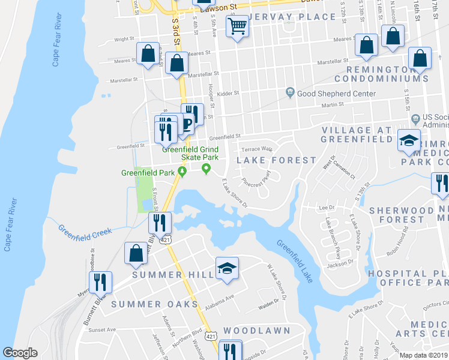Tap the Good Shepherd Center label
pyautogui.click(x=336, y=94)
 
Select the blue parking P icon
pyautogui.click(x=187, y=124)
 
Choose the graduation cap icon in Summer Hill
pyautogui.click(x=228, y=268)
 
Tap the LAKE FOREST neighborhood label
pyautogui.click(x=276, y=160)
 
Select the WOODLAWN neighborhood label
pyautogui.click(x=256, y=331)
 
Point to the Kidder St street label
pyautogui.click(x=228, y=93)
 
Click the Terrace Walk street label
pyautogui.click(x=257, y=149)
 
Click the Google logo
pyautogui.click(x=20, y=353)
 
